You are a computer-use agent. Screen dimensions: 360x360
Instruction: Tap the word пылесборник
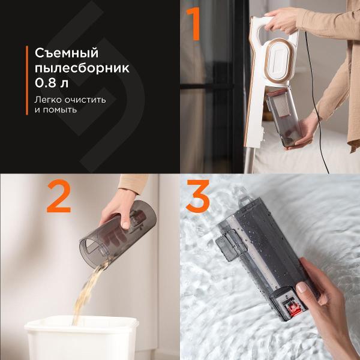click(82, 68)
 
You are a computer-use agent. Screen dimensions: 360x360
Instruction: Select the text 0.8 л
click(52, 83)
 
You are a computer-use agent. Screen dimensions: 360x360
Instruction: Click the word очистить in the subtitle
click(85, 100)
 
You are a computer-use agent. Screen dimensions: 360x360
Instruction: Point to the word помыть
click(59, 110)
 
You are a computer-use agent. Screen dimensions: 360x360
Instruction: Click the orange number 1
click(194, 24)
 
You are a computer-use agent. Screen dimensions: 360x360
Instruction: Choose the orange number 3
click(198, 196)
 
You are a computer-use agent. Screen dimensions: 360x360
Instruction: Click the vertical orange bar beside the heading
click(27, 80)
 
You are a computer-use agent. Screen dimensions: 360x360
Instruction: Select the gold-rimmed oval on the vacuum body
click(278, 61)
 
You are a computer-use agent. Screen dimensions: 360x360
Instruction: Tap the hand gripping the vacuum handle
click(281, 21)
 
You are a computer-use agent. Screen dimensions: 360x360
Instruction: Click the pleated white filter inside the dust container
click(283, 106)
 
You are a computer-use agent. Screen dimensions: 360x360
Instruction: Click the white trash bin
click(82, 337)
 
